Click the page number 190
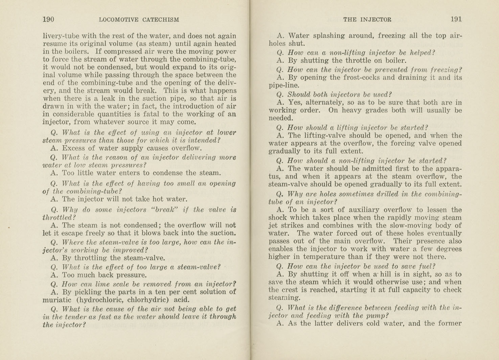coord(48,19)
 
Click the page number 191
coord(456,19)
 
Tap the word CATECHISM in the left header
coord(161,20)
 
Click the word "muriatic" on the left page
coord(57,300)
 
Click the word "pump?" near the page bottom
coord(378,315)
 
